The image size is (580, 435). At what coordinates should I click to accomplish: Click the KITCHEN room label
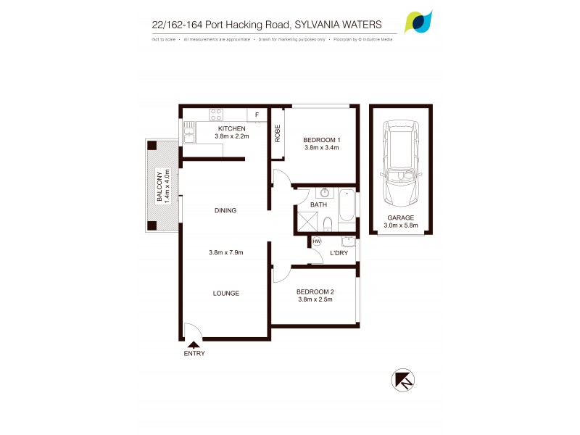pyautogui.click(x=231, y=128)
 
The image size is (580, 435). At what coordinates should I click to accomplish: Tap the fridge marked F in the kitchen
pyautogui.click(x=257, y=115)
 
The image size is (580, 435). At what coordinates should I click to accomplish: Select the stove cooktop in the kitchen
pyautogui.click(x=215, y=114)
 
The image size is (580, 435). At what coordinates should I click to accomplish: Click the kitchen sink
pyautogui.click(x=188, y=133)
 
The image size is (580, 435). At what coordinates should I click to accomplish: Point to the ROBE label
pyautogui.click(x=277, y=133)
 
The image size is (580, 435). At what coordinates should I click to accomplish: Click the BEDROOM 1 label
pyautogui.click(x=322, y=139)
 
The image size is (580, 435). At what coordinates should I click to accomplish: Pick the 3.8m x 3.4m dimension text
pyautogui.click(x=322, y=148)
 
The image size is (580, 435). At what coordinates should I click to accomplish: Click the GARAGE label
pyautogui.click(x=399, y=217)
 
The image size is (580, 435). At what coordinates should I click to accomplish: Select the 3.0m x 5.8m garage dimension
pyautogui.click(x=400, y=225)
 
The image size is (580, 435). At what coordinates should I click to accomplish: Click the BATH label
pyautogui.click(x=318, y=205)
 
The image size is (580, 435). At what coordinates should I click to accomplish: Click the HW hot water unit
pyautogui.click(x=317, y=241)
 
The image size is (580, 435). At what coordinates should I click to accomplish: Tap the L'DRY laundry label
pyautogui.click(x=339, y=253)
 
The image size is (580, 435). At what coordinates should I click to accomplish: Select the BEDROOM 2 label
pyautogui.click(x=314, y=293)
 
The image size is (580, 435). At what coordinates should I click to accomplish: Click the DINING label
pyautogui.click(x=225, y=211)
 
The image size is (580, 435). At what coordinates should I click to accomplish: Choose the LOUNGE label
pyautogui.click(x=225, y=293)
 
